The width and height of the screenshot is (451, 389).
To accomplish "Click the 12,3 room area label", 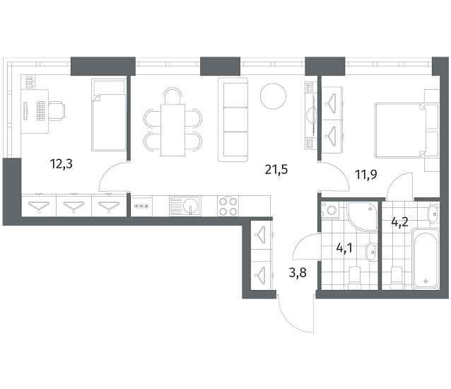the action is click(x=61, y=164).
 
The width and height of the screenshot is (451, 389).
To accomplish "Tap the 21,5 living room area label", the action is click(x=276, y=170).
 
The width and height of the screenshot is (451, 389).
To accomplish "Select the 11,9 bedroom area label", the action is click(x=366, y=175).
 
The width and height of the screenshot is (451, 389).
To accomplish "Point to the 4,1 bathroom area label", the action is click(x=344, y=248).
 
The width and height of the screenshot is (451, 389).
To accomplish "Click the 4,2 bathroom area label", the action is click(x=400, y=222).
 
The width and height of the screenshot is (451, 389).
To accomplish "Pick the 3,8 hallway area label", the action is click(x=298, y=272).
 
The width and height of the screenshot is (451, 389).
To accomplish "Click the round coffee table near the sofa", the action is click(x=274, y=96).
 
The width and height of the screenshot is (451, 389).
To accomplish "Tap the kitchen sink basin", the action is click(x=190, y=205).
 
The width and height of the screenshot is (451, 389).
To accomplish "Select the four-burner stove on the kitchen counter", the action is click(x=228, y=206).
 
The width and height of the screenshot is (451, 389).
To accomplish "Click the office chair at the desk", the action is click(x=57, y=111).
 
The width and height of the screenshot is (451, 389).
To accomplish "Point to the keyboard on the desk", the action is click(x=42, y=111).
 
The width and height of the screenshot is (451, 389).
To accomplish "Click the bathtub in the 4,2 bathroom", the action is click(x=426, y=259).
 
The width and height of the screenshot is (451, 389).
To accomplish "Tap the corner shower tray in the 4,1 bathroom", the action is click(x=363, y=216).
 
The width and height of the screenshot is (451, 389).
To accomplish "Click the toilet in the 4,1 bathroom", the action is click(x=354, y=277).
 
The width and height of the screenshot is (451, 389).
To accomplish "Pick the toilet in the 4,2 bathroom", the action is click(x=397, y=277).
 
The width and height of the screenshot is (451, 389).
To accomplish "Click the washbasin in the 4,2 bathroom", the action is click(x=433, y=214).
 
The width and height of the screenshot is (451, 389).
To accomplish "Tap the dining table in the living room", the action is click(x=172, y=130).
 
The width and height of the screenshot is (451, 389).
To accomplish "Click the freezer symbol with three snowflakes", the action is click(x=141, y=206).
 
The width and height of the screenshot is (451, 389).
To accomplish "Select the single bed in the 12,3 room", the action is click(x=109, y=115).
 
